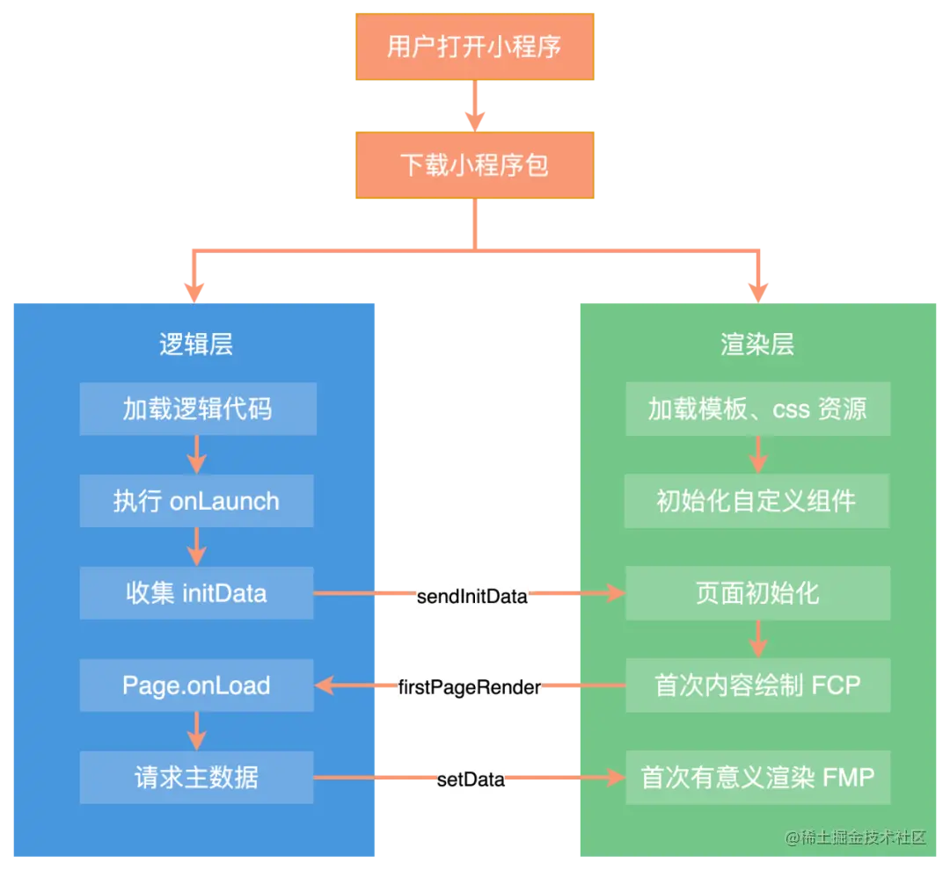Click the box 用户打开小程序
pyautogui.click(x=475, y=47)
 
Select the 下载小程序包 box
pyautogui.click(x=475, y=164)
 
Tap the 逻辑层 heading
pyautogui.click(x=195, y=344)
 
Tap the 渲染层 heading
pyautogui.click(x=757, y=344)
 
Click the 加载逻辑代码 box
pyautogui.click(x=196, y=409)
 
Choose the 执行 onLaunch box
pyautogui.click(x=196, y=501)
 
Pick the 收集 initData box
pyautogui.click(x=196, y=593)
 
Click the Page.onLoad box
pyautogui.click(x=196, y=685)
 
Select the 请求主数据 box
pyautogui.click(x=196, y=778)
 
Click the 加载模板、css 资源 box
pyautogui.click(x=757, y=409)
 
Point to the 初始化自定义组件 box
pyautogui.click(x=757, y=501)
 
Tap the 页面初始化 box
pyautogui.click(x=757, y=593)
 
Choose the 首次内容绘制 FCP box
pyautogui.click(x=757, y=685)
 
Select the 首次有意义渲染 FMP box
pyautogui.click(x=757, y=778)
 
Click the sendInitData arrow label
pyautogui.click(x=473, y=597)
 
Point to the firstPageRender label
pyautogui.click(x=468, y=687)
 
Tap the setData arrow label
pyautogui.click(x=471, y=779)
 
